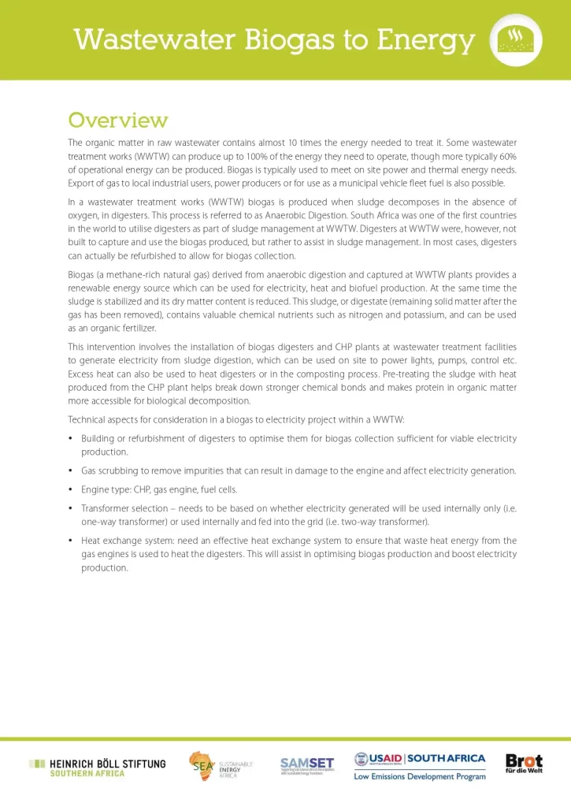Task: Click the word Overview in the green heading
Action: click(x=117, y=121)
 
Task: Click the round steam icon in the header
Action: click(x=515, y=39)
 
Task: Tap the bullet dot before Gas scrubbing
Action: click(x=71, y=471)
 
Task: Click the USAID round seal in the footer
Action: click(x=362, y=761)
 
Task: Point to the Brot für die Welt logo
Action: click(x=524, y=764)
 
